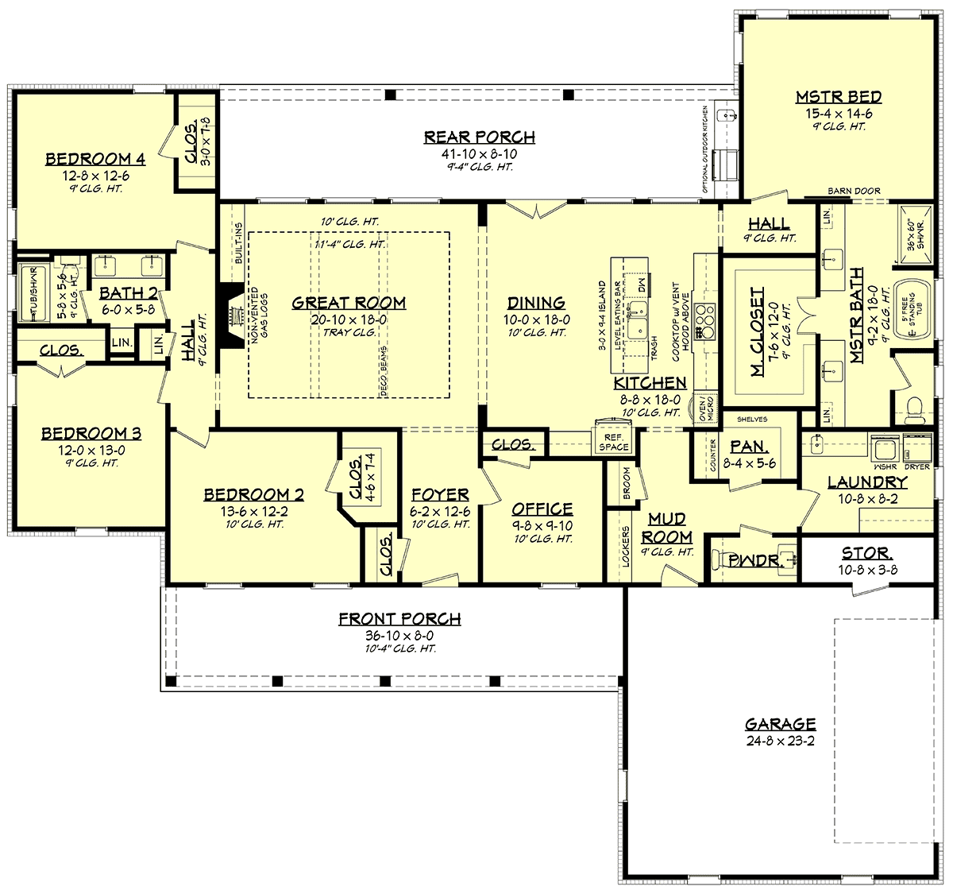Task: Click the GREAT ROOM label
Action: [349, 303]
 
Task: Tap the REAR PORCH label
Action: [479, 137]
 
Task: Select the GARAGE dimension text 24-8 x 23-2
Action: [780, 741]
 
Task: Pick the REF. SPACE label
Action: [613, 442]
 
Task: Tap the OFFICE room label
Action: [542, 509]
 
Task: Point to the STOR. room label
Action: [866, 553]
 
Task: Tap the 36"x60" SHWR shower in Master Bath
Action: [915, 234]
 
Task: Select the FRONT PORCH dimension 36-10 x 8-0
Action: [399, 636]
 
